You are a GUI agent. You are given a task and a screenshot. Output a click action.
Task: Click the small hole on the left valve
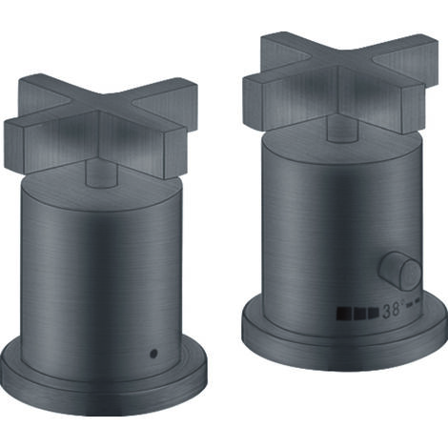pos(154,353)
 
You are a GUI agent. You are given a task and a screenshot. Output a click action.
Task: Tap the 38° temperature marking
pos(393,310)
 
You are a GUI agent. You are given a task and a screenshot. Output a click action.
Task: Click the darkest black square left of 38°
pos(342,313)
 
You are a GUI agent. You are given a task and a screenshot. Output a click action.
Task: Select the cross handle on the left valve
pos(100,124)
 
